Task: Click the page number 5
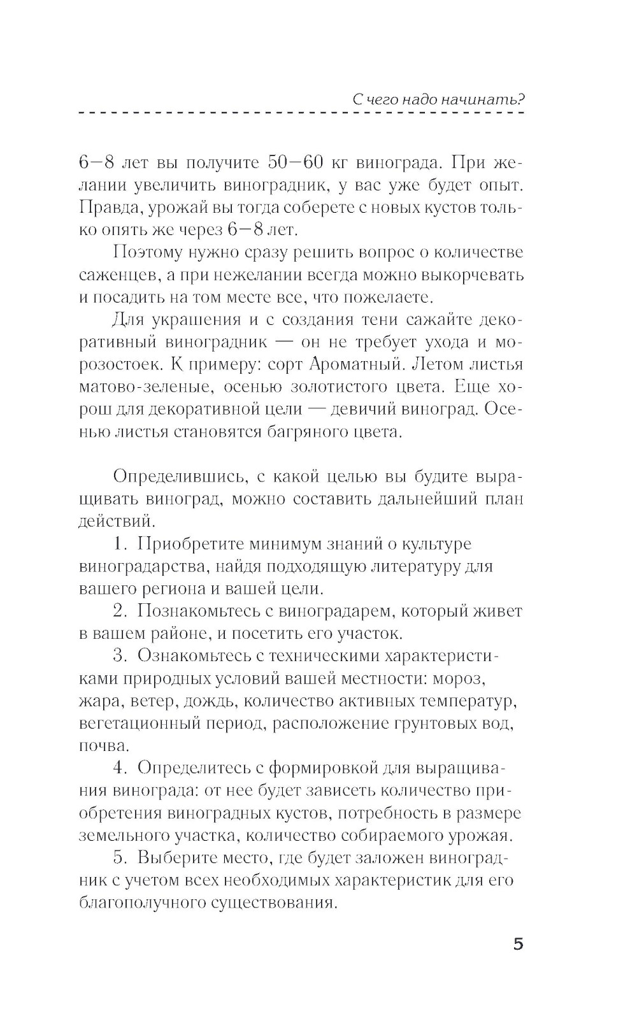518,943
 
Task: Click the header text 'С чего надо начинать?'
438,99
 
